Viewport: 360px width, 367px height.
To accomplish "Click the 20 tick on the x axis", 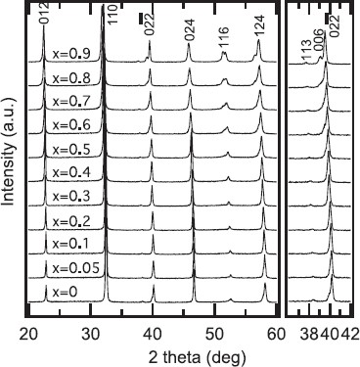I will (x=28, y=333).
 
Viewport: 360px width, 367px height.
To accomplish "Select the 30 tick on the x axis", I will (x=90, y=333).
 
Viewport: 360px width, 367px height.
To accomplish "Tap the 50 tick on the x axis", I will (x=213, y=333).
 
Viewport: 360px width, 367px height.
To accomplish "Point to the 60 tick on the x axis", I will (x=275, y=333).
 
